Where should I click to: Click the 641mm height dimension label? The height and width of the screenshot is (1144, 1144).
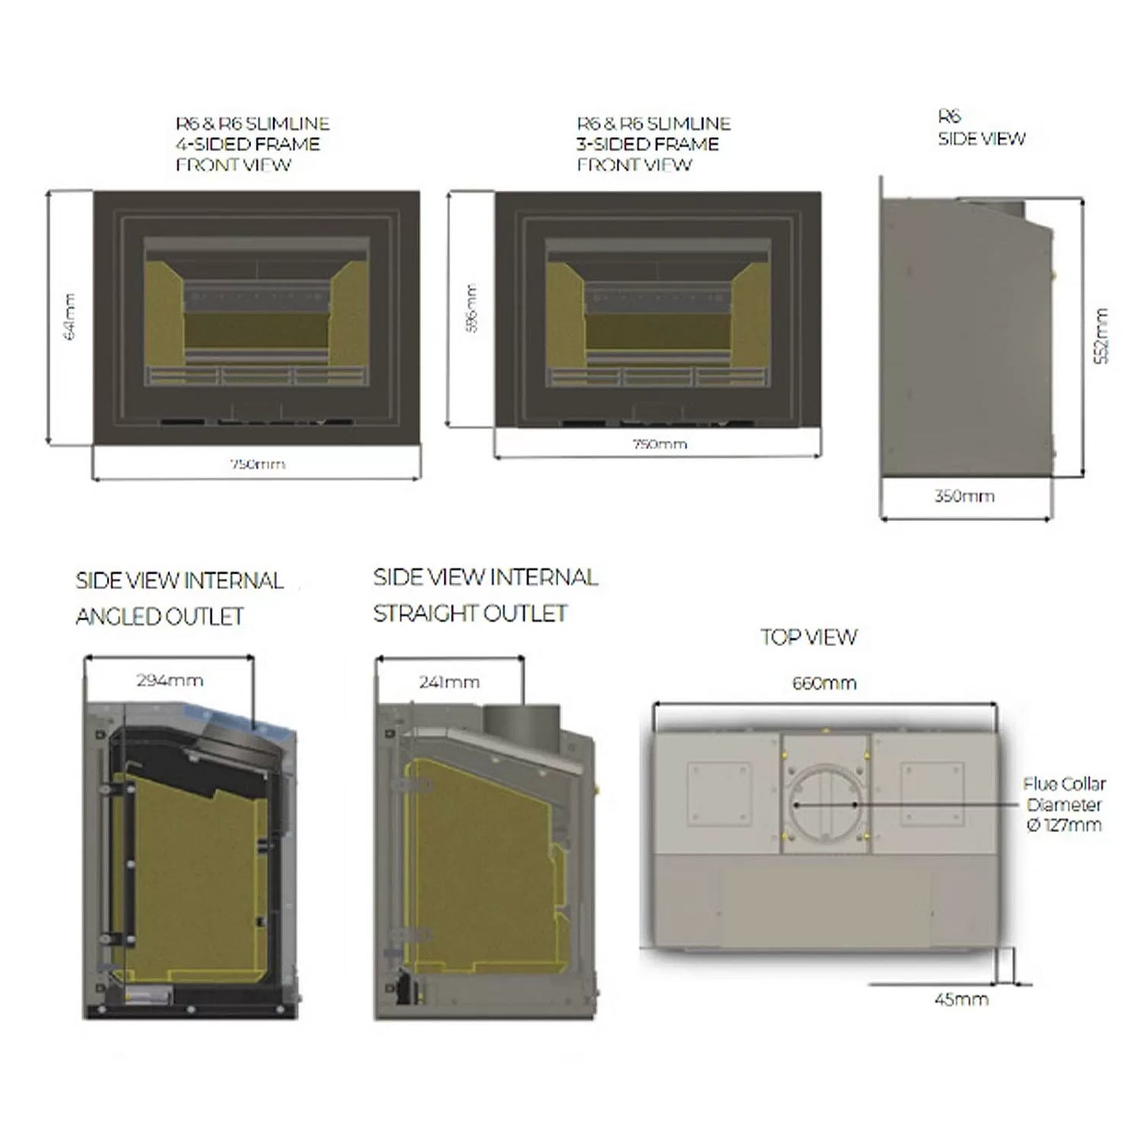(x=70, y=317)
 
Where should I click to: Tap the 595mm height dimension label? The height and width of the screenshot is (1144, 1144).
(x=472, y=309)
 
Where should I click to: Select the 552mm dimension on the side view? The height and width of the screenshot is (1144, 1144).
(x=1101, y=336)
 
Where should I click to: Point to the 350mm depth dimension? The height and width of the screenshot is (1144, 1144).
(x=964, y=496)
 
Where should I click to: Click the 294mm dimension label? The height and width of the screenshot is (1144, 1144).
(x=169, y=680)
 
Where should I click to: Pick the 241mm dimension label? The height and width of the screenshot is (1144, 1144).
(x=449, y=682)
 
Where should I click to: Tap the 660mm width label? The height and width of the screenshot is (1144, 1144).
(x=824, y=683)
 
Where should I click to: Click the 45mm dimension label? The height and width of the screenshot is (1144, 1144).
(x=961, y=999)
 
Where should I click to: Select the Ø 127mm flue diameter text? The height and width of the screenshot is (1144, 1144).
(x=1064, y=825)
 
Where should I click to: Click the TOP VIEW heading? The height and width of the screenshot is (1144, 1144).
(x=808, y=637)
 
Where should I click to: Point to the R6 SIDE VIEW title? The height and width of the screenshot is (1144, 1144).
(x=981, y=128)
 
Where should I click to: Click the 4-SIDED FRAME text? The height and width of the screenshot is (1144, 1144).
(x=248, y=144)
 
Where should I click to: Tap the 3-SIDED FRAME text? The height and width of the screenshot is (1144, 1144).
(x=648, y=144)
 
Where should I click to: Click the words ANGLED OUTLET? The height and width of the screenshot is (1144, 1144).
(x=160, y=617)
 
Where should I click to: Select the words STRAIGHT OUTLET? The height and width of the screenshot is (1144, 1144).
(x=470, y=614)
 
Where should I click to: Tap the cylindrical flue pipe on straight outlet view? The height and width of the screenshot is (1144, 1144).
(x=521, y=722)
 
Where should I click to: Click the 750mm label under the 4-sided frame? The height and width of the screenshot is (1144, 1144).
(x=257, y=464)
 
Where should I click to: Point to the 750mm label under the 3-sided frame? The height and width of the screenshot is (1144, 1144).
(x=659, y=444)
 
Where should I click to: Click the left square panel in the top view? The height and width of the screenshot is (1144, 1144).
(x=719, y=794)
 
